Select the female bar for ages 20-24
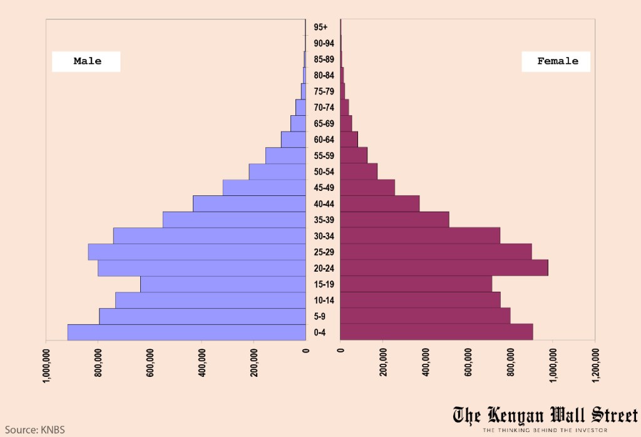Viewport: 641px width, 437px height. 444,268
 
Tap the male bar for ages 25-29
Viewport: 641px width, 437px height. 197,252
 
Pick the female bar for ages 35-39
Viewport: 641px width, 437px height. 394,220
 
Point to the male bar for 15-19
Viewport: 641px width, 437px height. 223,284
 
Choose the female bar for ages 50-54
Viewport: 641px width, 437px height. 359,172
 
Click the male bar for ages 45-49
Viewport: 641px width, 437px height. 264,188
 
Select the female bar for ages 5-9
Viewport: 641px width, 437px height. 425,316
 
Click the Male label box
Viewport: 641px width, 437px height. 86,61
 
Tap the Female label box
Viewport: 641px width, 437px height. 556,61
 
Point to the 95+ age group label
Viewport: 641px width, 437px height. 321,27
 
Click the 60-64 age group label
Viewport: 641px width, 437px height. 324,140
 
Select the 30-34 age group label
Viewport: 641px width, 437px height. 324,236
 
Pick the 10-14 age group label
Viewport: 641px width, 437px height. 324,301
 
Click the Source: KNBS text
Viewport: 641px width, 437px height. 35,430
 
